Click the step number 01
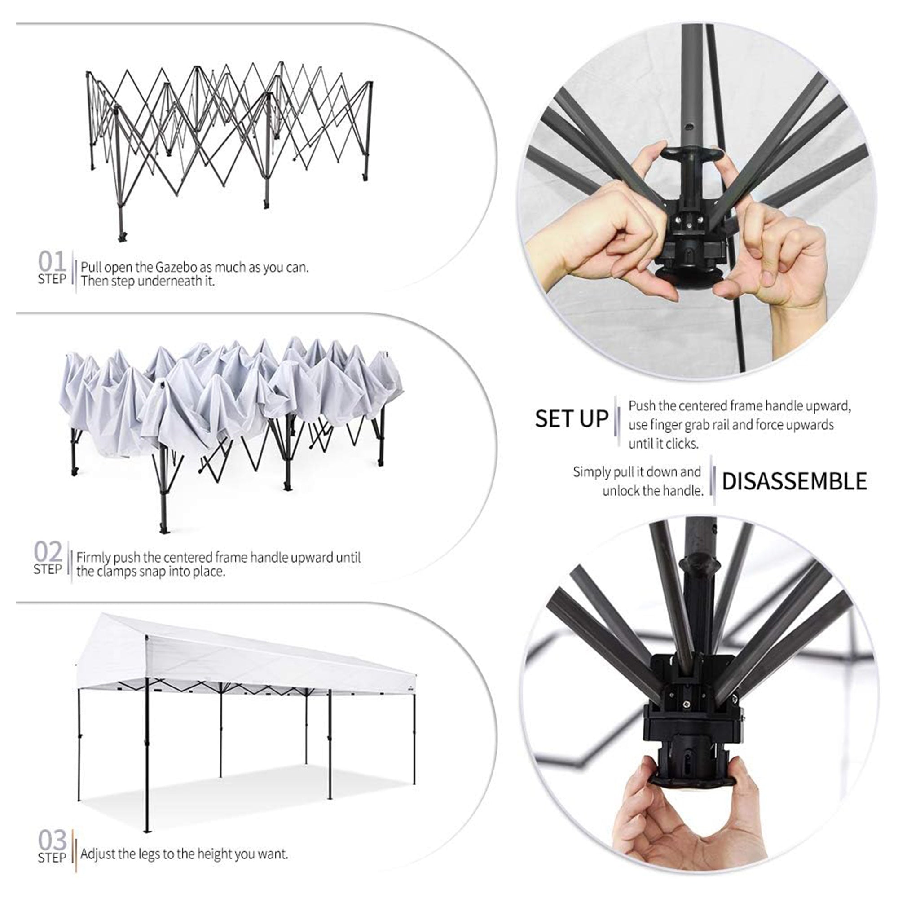[x=52, y=262]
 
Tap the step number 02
[x=48, y=552]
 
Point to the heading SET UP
[x=571, y=418]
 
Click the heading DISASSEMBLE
[x=794, y=481]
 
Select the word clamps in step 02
[x=115, y=571]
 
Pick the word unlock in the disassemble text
[x=620, y=491]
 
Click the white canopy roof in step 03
[x=251, y=656]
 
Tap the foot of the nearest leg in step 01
[x=122, y=236]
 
